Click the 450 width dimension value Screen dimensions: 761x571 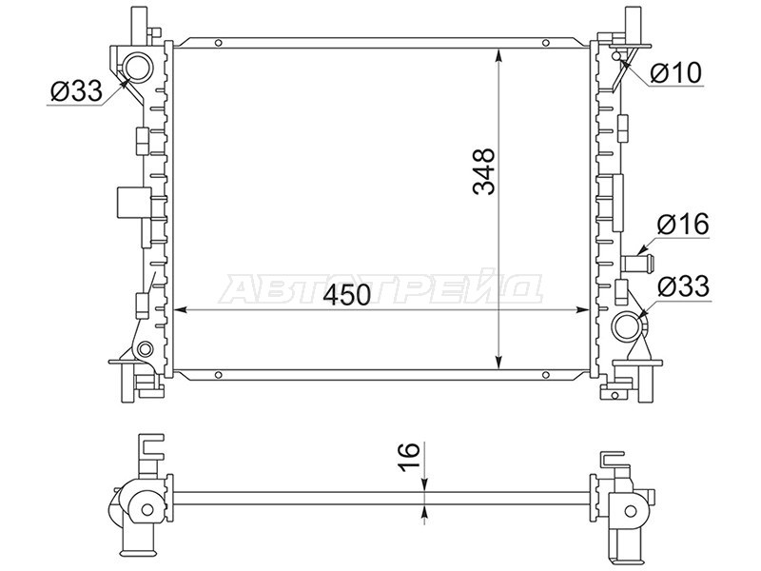pyautogui.click(x=347, y=295)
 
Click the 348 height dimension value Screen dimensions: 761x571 pyautogui.click(x=484, y=171)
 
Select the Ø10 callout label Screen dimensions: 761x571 pyautogui.click(x=676, y=73)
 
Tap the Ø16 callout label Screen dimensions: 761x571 pyautogui.click(x=683, y=225)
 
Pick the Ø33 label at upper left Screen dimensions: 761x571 pyautogui.click(x=76, y=90)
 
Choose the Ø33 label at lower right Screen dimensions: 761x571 pyautogui.click(x=683, y=286)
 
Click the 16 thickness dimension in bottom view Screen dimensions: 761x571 pyautogui.click(x=409, y=456)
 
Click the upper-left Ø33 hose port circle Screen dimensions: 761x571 pyautogui.click(x=136, y=68)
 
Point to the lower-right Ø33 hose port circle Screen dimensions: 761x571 pyautogui.click(x=628, y=326)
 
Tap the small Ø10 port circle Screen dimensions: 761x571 pyautogui.click(x=616, y=55)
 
